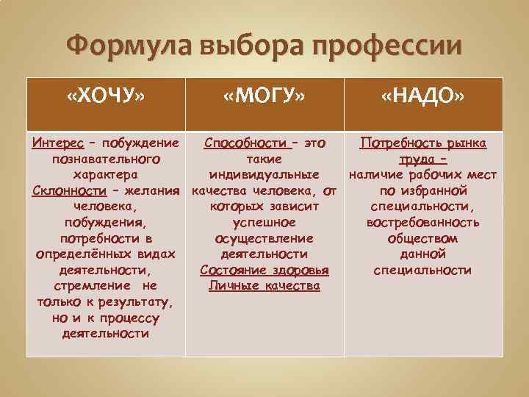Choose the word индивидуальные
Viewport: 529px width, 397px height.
coord(264,174)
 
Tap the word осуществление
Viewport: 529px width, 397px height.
coord(264,238)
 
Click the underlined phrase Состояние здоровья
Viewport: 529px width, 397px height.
coord(264,270)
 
